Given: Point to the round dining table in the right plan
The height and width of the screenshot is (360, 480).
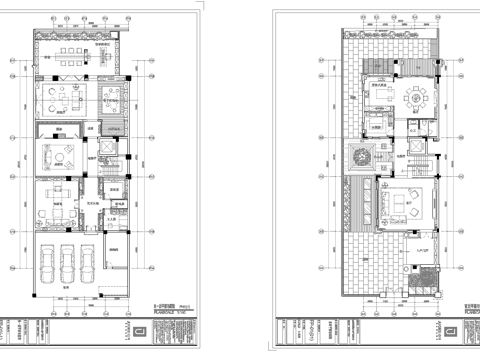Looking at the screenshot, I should [x=414, y=97].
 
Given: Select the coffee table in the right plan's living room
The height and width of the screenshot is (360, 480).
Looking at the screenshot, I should [x=399, y=210].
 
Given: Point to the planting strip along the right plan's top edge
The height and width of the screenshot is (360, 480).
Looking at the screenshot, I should [x=390, y=38].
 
